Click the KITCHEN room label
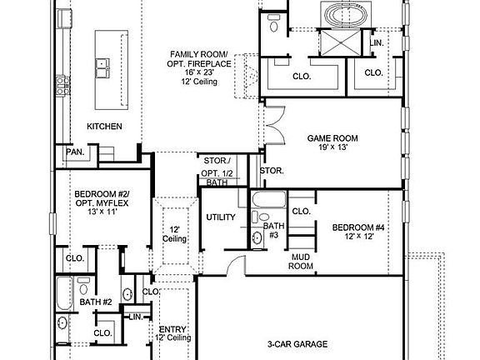click(x=105, y=127)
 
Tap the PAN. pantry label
click(x=74, y=153)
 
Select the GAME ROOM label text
click(x=332, y=138)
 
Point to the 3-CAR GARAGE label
click(x=297, y=344)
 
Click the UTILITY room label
click(x=221, y=217)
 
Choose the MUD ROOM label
click(x=301, y=262)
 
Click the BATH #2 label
click(x=96, y=302)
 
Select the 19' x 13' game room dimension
click(x=332, y=148)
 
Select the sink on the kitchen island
click(x=104, y=64)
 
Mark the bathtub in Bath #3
click(x=268, y=201)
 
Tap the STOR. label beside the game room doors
click(x=272, y=171)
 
